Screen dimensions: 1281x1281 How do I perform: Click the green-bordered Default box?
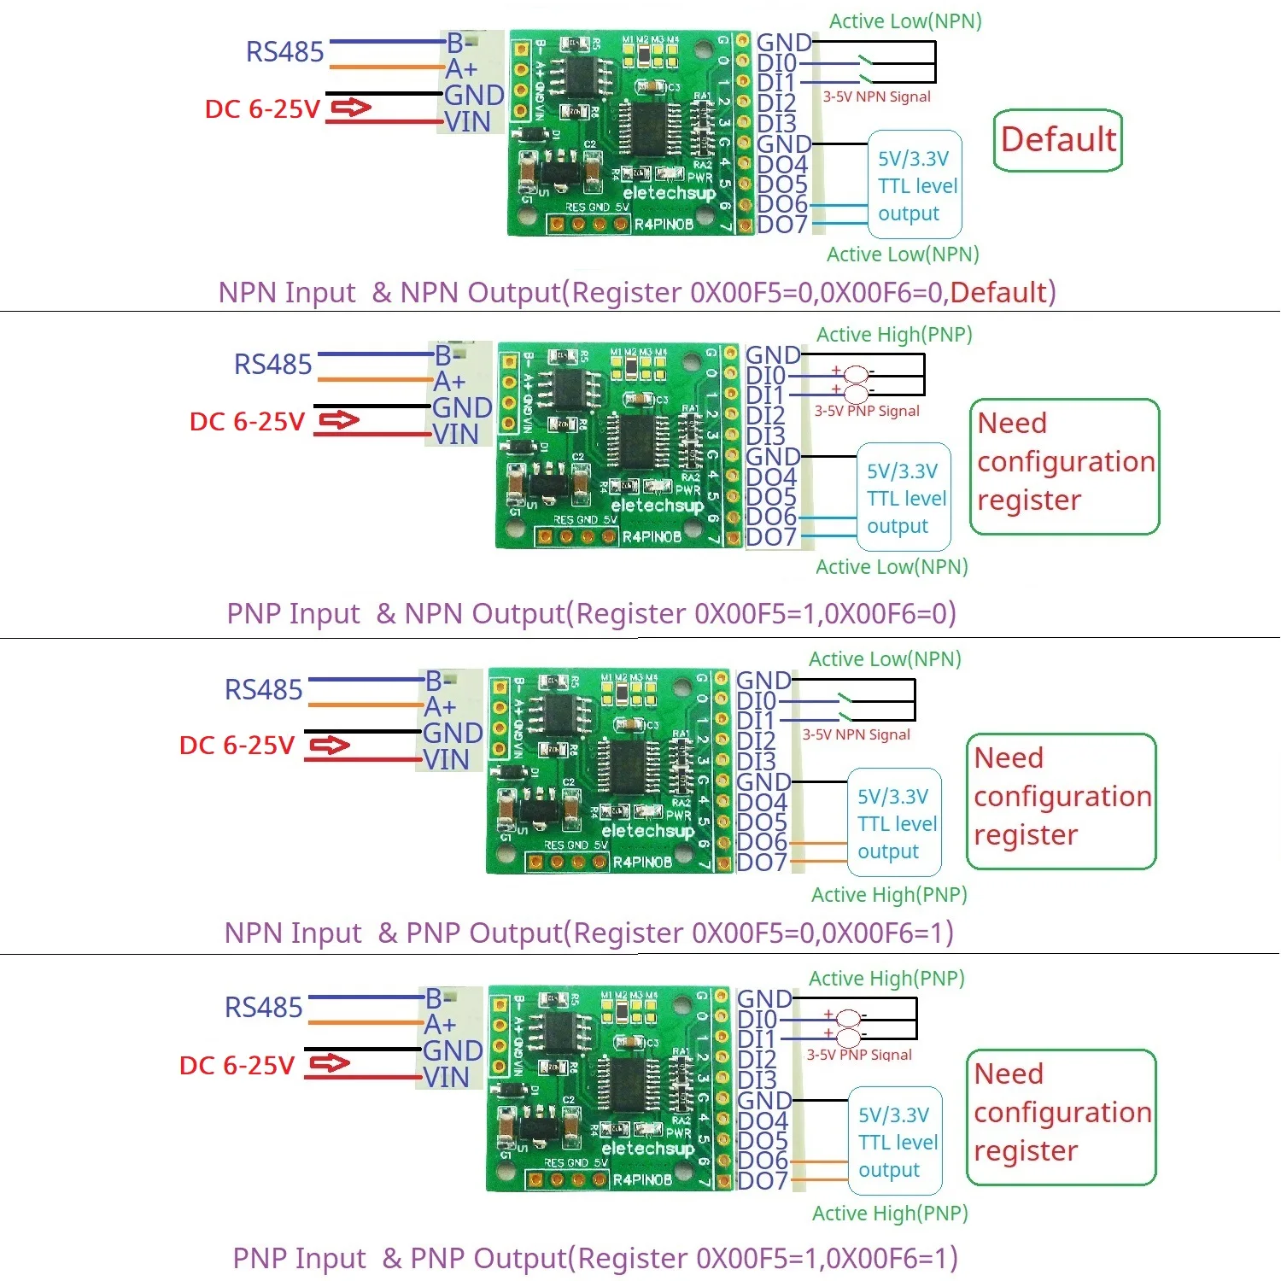(1057, 140)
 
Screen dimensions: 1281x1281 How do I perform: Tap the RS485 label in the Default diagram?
(284, 52)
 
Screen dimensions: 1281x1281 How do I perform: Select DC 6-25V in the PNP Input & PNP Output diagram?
(237, 1065)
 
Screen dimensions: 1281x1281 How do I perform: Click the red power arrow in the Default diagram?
(351, 108)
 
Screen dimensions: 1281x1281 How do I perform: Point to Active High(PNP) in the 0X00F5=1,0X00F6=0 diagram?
(894, 335)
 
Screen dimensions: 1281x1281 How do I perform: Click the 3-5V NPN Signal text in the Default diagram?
(876, 97)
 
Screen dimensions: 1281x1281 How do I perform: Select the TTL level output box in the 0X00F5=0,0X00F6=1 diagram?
(894, 823)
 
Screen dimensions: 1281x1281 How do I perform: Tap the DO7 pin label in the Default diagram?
(781, 225)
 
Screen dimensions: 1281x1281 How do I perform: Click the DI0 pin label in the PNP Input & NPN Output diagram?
(765, 376)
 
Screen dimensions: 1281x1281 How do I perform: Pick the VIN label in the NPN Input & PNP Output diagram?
(446, 760)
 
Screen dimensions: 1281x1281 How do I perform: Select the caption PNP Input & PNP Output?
(595, 1258)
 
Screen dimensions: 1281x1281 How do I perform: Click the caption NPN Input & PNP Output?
(588, 933)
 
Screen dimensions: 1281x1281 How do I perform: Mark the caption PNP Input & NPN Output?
(591, 613)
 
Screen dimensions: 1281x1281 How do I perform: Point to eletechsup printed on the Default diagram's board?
(669, 193)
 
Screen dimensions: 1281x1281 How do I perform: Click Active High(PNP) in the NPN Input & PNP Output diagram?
(889, 895)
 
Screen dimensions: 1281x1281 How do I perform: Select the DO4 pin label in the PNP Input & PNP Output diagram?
(762, 1121)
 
